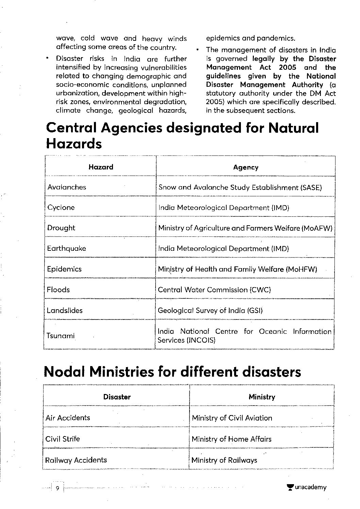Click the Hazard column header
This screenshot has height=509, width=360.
pos(101,167)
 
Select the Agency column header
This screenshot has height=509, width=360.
pos(246,167)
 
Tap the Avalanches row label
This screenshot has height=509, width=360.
pos(67,187)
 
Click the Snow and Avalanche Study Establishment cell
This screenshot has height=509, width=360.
pos(240,187)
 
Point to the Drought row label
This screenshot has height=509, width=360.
pos(61,228)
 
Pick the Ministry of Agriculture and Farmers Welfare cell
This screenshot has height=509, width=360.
pos(245,228)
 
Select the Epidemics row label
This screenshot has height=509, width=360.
pos(64,269)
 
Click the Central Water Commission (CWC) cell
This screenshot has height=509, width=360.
pos(214,290)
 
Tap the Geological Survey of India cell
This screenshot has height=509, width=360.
pos(210,311)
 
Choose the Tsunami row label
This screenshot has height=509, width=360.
pos(61,336)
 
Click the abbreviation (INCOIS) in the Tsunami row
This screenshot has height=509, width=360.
pos(201,340)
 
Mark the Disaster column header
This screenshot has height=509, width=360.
pos(117,397)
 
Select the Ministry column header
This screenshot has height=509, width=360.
pos(262,397)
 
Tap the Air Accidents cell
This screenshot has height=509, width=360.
pos(68,418)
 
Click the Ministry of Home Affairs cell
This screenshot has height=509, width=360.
pos(231,439)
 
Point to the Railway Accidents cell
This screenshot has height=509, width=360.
pos(76,460)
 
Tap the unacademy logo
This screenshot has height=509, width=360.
pos(307,488)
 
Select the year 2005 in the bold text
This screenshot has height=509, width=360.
pos(288,68)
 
